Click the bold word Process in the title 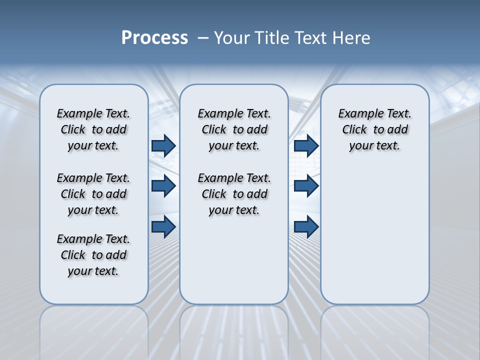coord(154,38)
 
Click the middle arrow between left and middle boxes coord(163,186)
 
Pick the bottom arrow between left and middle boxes coord(163,226)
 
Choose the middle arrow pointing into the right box coord(306,186)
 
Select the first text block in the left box coord(93,129)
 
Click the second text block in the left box coord(93,194)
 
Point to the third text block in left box coord(93,255)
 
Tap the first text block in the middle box coord(234,129)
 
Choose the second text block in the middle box coord(234,194)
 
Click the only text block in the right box coord(374,129)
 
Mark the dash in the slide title coord(203,38)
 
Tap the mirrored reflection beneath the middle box coord(234,330)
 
